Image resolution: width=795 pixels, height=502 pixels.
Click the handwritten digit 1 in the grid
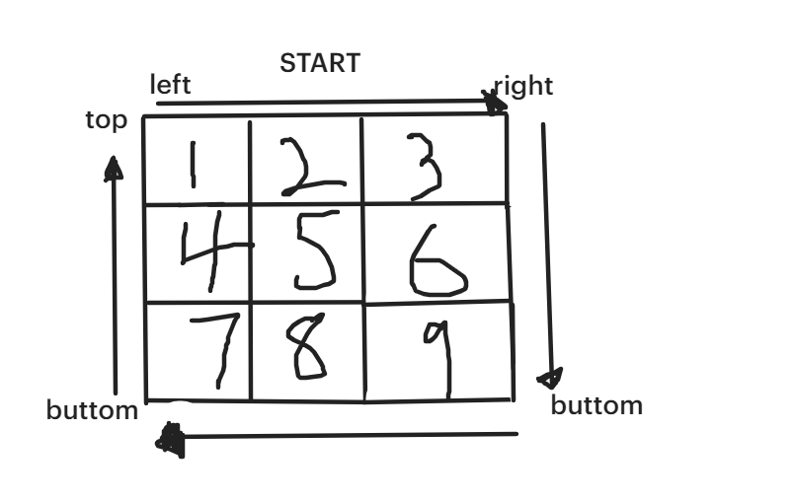[193, 163]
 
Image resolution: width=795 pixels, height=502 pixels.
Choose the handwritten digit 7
[219, 351]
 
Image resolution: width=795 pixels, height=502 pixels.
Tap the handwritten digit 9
[439, 355]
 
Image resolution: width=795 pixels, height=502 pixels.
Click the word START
[320, 63]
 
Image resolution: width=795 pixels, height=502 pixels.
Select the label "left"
[170, 85]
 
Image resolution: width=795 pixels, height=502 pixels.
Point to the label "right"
[524, 86]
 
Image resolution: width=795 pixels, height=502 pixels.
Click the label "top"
[107, 120]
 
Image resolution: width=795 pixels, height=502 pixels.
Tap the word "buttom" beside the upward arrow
[92, 410]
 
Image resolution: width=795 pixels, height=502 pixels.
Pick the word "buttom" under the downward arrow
[596, 404]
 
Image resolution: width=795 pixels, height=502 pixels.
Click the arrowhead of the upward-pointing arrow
[114, 170]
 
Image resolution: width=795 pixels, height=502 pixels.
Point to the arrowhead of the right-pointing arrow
[494, 100]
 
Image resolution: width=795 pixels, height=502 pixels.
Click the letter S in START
[287, 63]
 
